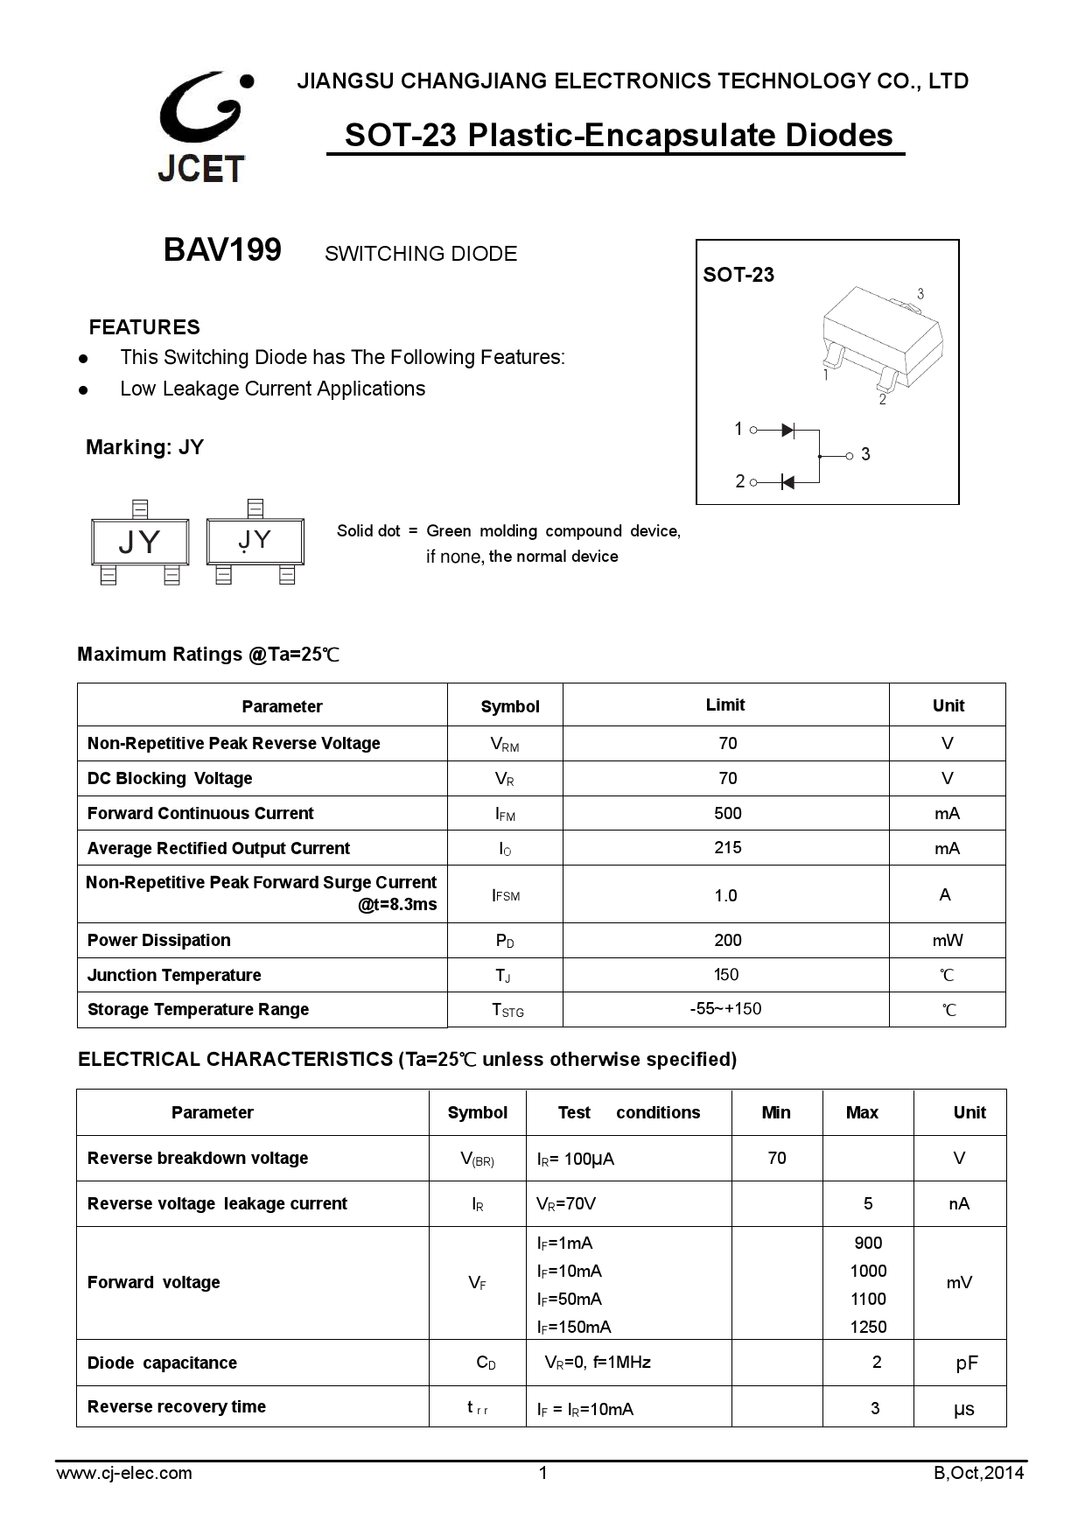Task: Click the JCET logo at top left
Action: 202,127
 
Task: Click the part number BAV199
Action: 222,250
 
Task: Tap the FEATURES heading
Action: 144,327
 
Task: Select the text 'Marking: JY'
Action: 144,447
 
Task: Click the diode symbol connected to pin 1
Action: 787,430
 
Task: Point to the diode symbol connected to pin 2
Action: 787,482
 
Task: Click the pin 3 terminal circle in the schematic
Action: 849,455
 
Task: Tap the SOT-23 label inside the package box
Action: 738,275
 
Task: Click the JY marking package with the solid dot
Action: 255,542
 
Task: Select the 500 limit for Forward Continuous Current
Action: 727,813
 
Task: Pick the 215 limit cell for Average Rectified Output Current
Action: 727,847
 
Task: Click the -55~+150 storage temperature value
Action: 725,1008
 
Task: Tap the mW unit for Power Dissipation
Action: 947,940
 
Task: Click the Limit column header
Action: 725,704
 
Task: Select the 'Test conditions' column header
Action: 628,1112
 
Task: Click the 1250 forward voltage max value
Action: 868,1327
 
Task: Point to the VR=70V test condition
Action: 566,1203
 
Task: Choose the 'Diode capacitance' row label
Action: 162,1363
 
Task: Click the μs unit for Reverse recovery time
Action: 963,1409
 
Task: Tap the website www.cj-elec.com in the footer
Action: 124,1473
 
